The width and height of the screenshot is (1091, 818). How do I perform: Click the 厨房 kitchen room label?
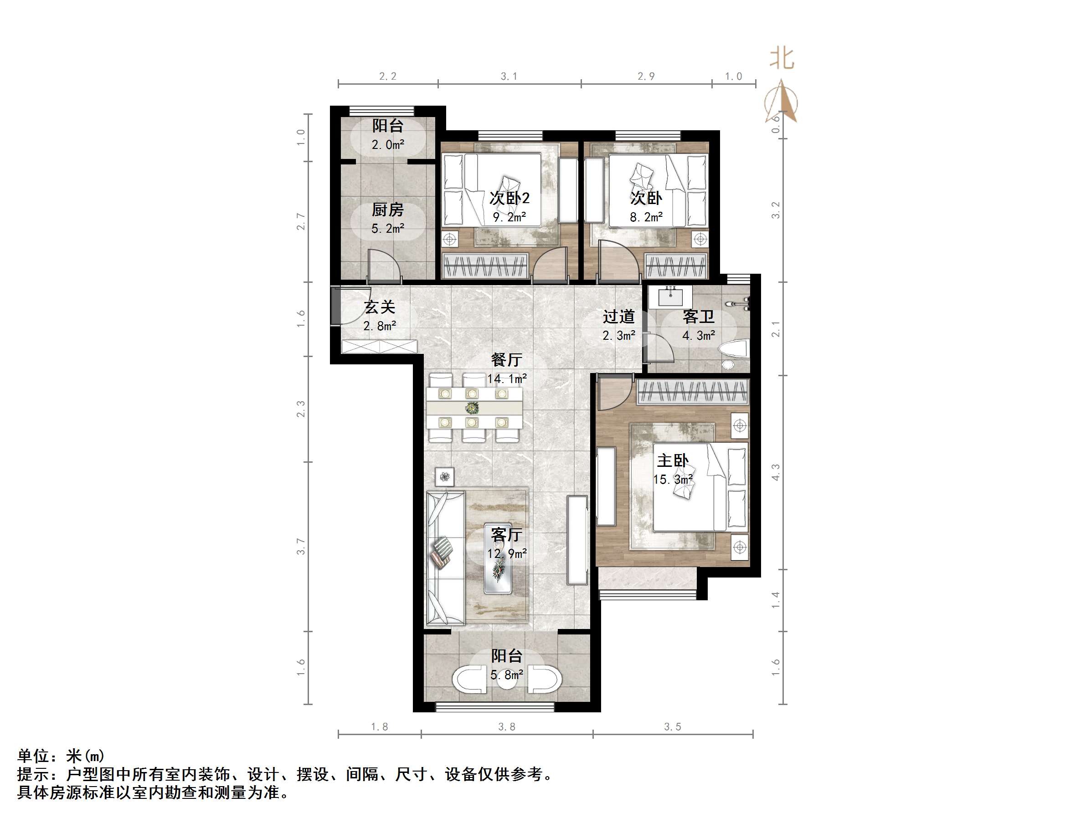pyautogui.click(x=388, y=210)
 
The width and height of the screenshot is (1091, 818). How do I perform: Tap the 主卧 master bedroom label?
pyautogui.click(x=672, y=461)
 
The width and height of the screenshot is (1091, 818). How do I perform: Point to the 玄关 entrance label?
pyautogui.click(x=380, y=307)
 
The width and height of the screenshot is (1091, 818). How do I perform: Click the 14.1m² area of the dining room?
pyautogui.click(x=507, y=378)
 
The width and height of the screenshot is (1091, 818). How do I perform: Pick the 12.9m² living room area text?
pyautogui.click(x=507, y=554)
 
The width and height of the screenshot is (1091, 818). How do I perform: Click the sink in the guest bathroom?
pyautogui.click(x=671, y=297)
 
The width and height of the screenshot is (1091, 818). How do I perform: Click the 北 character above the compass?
pyautogui.click(x=782, y=59)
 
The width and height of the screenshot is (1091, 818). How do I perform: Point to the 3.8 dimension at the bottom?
pyautogui.click(x=507, y=727)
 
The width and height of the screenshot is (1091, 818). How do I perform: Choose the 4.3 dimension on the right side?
pyautogui.click(x=776, y=472)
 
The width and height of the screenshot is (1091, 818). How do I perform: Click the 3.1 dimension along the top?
pyautogui.click(x=509, y=77)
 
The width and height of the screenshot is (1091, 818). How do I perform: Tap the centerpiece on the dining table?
pyautogui.click(x=473, y=408)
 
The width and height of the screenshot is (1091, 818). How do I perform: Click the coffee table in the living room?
pyautogui.click(x=498, y=558)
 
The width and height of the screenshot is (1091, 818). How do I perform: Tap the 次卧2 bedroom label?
pyautogui.click(x=509, y=198)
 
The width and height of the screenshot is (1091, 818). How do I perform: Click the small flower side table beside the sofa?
pyautogui.click(x=445, y=477)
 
